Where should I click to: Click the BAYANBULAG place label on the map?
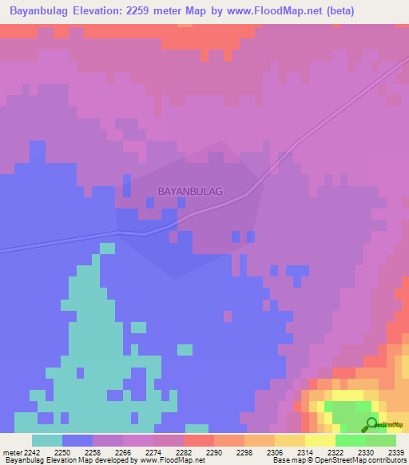point(190,192)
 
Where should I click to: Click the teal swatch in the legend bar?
point(47,440)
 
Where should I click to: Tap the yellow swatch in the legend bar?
point(320,440)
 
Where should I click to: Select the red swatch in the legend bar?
point(199,440)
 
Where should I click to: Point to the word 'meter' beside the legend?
point(13,452)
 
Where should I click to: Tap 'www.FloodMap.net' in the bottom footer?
point(173,460)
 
